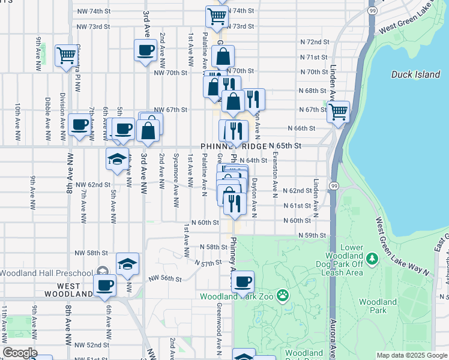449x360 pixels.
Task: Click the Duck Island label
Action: (415, 74)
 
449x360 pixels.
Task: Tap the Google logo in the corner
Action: (20, 353)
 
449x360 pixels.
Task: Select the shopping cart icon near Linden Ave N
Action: (339, 111)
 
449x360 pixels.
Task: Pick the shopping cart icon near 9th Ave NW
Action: (66, 55)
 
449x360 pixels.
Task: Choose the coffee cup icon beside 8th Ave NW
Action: (79, 125)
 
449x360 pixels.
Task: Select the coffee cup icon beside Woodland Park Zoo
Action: (243, 281)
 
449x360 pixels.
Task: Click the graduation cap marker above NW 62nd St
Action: (117, 159)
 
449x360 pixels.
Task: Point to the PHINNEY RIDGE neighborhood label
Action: (233, 146)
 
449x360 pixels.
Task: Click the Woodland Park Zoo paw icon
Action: (283, 296)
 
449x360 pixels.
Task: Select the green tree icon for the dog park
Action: (372, 259)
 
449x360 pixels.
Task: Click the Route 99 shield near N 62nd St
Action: (334, 186)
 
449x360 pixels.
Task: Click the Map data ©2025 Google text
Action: (412, 355)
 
